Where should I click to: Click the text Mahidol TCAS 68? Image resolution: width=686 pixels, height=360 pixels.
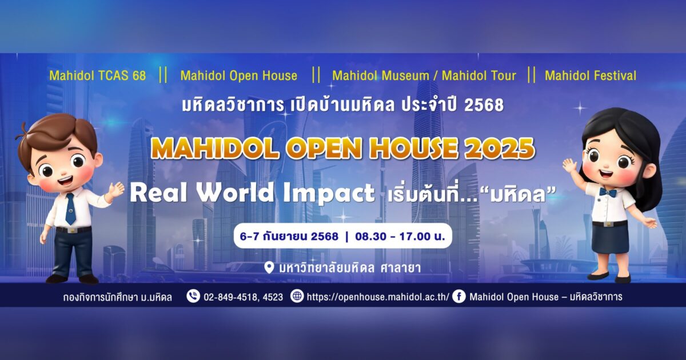[x=98, y=75]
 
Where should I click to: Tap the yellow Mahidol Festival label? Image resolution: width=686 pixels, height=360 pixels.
[x=591, y=75]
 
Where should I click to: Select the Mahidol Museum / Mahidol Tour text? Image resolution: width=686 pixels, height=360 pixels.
[x=424, y=75]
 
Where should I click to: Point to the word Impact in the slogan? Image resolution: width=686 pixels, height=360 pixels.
[x=329, y=193]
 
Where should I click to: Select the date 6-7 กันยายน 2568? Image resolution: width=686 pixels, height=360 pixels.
[x=289, y=237]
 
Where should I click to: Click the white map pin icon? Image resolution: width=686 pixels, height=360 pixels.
[x=269, y=267]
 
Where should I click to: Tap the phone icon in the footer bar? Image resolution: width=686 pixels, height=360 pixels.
[x=193, y=297]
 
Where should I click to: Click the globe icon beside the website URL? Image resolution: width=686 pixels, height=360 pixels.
[x=297, y=297]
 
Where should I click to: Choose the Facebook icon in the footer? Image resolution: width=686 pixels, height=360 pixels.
[x=459, y=297]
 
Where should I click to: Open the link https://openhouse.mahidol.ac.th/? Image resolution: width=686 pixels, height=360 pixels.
[x=378, y=297]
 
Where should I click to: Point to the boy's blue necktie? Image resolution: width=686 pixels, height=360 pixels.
[x=70, y=209]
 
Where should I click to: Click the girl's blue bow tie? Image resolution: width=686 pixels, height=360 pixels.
[x=608, y=192]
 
